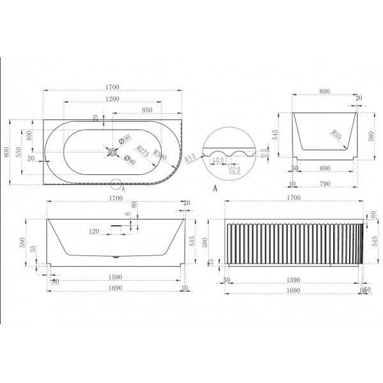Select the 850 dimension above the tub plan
[146, 110]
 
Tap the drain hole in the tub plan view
[112, 151]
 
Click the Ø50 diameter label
[126, 139]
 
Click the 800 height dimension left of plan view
[7, 151]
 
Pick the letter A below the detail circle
[215, 189]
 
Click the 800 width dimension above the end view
[325, 92]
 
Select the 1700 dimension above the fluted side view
[294, 199]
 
